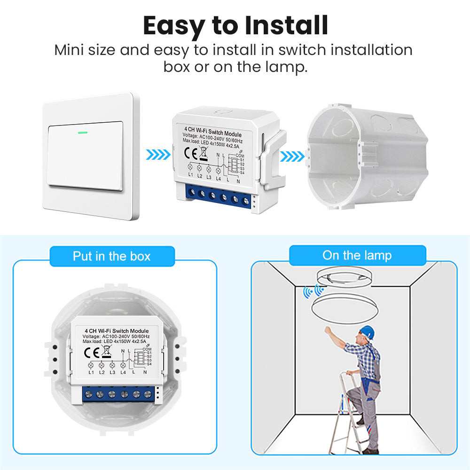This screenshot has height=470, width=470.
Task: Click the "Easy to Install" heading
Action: (x=235, y=26)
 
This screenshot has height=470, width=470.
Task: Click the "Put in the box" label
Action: (x=111, y=256)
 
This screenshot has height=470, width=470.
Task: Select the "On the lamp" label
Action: (x=357, y=256)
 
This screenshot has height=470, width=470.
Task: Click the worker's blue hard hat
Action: (x=368, y=332)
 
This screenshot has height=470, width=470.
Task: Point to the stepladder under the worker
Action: (x=347, y=414)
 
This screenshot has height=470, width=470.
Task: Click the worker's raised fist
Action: (x=328, y=330)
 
